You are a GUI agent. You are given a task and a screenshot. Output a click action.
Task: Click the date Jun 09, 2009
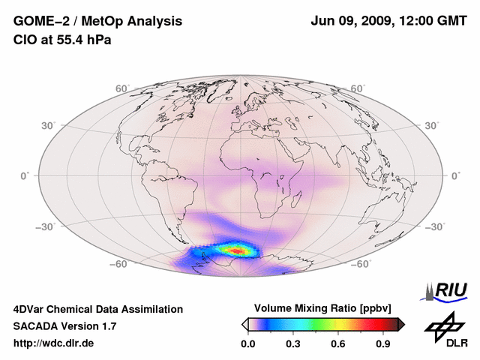point(352,20)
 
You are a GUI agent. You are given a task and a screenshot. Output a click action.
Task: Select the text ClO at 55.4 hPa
point(62,39)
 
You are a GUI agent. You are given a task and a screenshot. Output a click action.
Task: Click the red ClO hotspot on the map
point(238,250)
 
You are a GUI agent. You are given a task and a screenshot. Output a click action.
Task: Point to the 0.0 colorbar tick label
point(248,344)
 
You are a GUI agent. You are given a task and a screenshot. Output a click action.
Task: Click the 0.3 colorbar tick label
point(293,344)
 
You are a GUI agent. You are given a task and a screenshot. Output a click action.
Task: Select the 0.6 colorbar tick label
point(339,344)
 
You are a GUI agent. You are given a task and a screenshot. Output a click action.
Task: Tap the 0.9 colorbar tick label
point(384,344)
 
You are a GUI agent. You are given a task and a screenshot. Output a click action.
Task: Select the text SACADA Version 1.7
point(64,326)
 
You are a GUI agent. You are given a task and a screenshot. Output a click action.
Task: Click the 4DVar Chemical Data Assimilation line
point(97,309)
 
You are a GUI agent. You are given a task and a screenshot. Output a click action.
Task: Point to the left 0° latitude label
point(23,175)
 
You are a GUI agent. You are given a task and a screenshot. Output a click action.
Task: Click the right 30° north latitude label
point(432,125)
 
